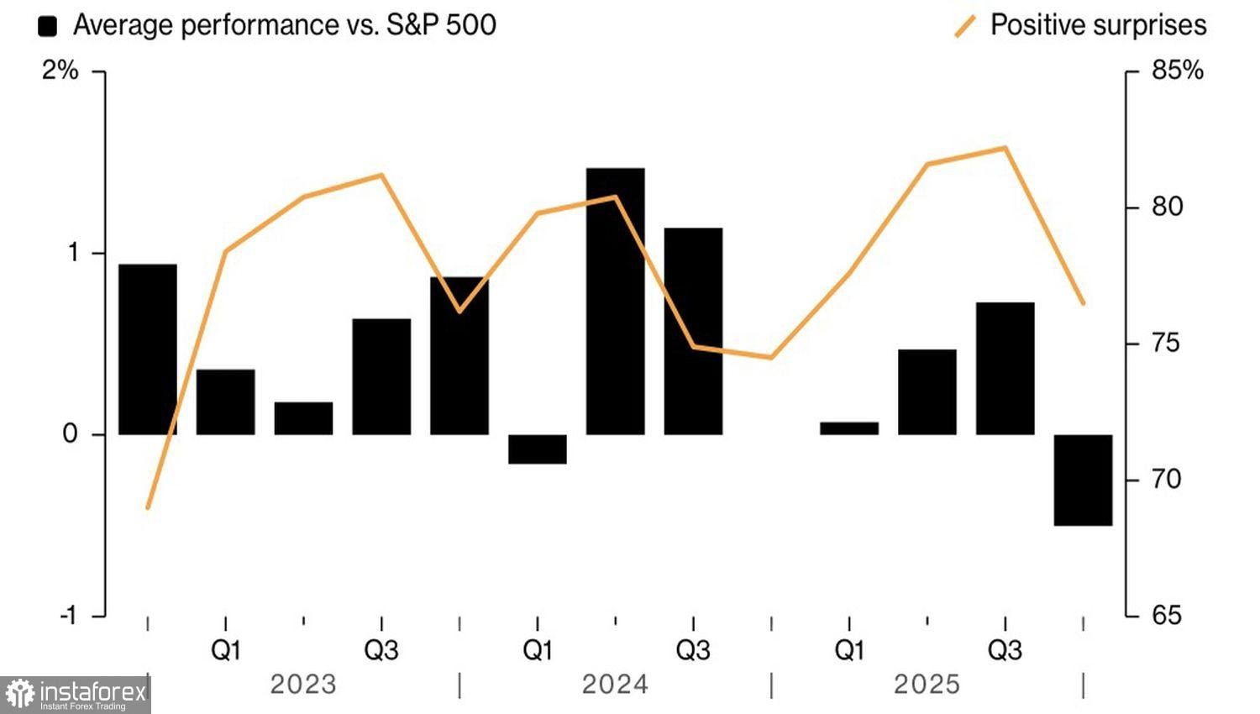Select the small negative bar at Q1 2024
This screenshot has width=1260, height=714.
pyautogui.click(x=538, y=449)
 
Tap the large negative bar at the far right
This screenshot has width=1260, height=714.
pyautogui.click(x=1083, y=480)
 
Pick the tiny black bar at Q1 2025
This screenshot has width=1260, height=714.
pyautogui.click(x=849, y=428)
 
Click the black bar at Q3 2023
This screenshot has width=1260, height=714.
pyautogui.click(x=381, y=376)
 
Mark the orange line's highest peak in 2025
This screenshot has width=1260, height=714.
pyautogui.click(x=1005, y=148)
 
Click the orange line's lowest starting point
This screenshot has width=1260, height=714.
pyautogui.click(x=148, y=507)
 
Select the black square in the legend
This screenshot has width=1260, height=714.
pyautogui.click(x=48, y=26)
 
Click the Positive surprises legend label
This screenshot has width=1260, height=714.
pyautogui.click(x=1098, y=25)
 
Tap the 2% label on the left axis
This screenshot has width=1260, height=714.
pyautogui.click(x=60, y=71)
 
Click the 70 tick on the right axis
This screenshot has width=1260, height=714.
pyautogui.click(x=1167, y=480)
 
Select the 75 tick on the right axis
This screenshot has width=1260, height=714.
pyautogui.click(x=1167, y=344)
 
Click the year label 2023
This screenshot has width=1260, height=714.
pyautogui.click(x=303, y=685)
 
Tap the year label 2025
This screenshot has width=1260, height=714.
pyautogui.click(x=927, y=685)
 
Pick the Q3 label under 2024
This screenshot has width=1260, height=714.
pyautogui.click(x=693, y=650)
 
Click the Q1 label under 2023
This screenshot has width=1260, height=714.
pyautogui.click(x=225, y=650)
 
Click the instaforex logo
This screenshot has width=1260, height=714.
pyautogui.click(x=76, y=695)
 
